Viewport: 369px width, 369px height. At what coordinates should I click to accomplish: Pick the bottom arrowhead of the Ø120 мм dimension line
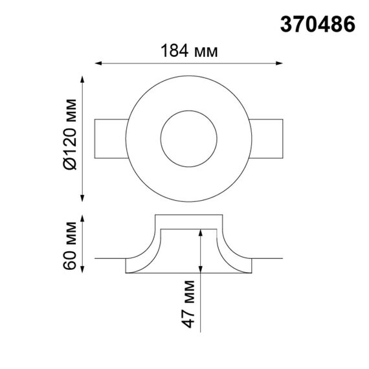83,198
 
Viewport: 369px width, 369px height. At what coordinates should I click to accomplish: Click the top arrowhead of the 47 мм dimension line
201,232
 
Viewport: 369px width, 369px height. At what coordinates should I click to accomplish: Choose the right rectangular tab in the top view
267,138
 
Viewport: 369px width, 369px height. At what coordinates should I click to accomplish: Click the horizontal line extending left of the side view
109,259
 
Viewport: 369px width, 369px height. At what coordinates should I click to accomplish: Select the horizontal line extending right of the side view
268,259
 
